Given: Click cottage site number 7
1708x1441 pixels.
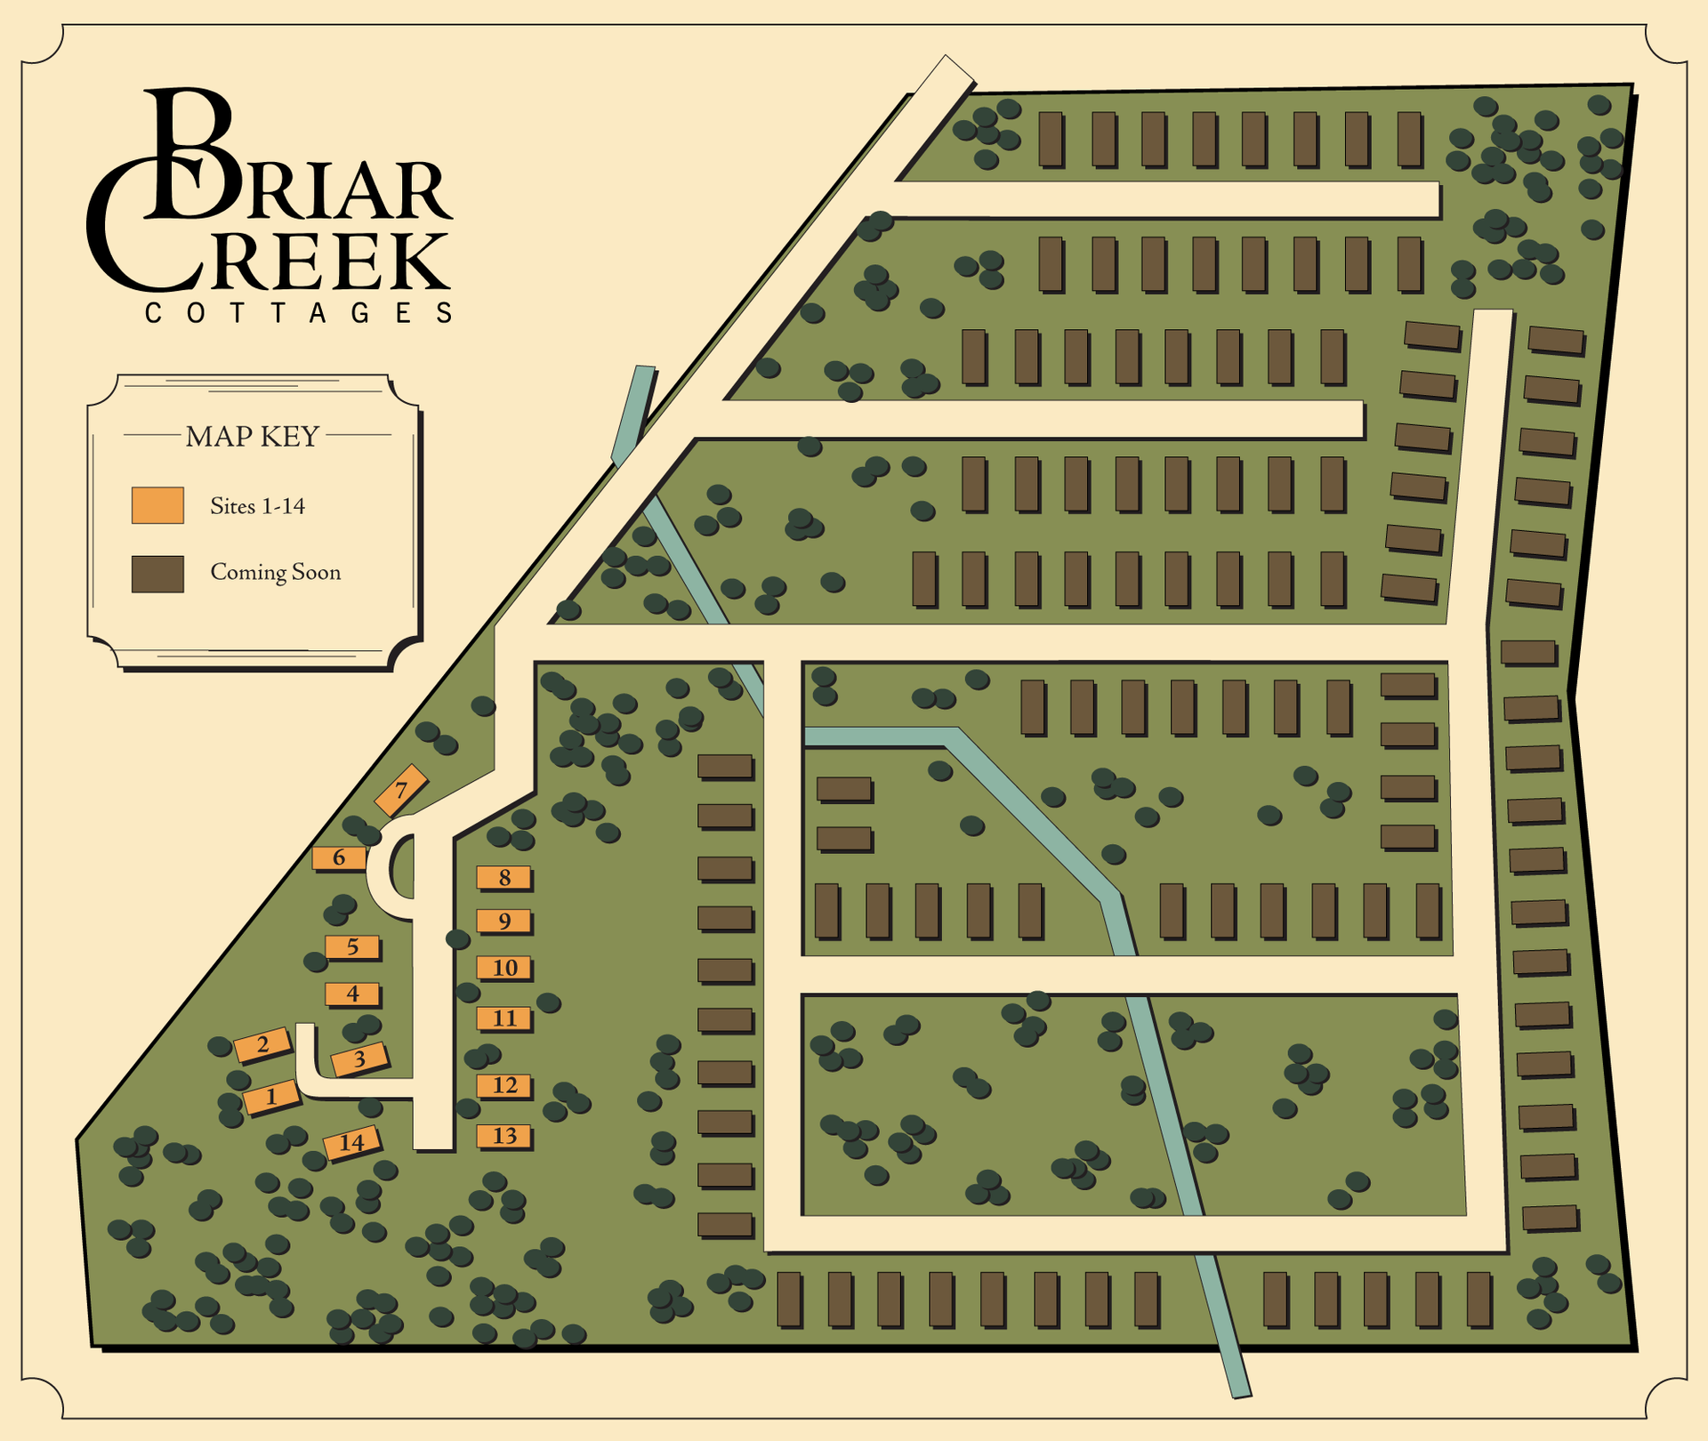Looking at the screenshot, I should [401, 790].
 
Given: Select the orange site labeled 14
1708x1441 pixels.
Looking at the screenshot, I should [352, 1143].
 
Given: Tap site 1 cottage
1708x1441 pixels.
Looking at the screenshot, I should [272, 1096].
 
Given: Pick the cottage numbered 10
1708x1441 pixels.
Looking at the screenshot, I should [504, 968].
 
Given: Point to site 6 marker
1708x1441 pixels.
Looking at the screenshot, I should [339, 858].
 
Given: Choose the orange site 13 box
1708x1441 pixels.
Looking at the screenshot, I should [504, 1136].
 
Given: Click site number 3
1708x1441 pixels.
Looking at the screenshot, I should [359, 1059].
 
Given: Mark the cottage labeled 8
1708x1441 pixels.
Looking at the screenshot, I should [504, 878].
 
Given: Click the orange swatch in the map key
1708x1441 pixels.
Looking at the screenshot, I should [157, 505].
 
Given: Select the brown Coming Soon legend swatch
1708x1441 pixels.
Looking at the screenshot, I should [157, 574].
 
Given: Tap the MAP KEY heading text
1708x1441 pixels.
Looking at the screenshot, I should [253, 437].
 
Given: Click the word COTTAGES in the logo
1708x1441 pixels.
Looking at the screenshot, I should [299, 313].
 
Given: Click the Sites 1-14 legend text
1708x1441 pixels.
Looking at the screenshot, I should [257, 506].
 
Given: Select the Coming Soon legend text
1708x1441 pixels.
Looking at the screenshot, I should [276, 572].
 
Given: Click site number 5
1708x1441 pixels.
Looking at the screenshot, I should [352, 947].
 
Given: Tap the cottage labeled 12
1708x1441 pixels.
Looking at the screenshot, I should [504, 1085].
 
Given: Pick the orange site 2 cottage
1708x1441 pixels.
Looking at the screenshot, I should [262, 1044].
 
